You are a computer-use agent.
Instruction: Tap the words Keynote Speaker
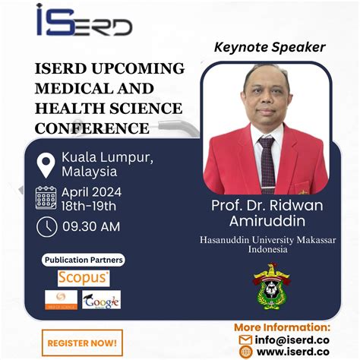tap(269, 47)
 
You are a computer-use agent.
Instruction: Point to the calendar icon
tap(46, 197)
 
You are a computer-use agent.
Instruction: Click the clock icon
tap(46, 227)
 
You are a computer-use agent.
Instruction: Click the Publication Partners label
tap(84, 260)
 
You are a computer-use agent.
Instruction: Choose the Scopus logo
tap(84, 278)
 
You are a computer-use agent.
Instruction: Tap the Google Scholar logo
tap(102, 300)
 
